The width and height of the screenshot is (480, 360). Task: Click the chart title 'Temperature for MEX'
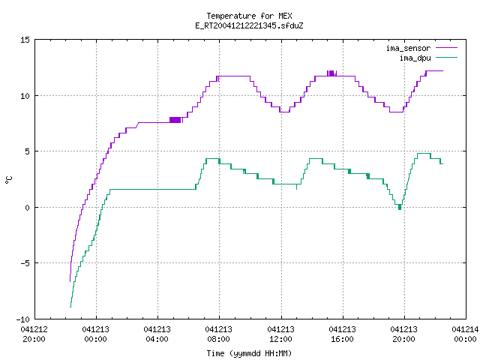[x=249, y=16]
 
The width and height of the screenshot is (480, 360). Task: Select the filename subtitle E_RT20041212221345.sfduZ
[x=249, y=25]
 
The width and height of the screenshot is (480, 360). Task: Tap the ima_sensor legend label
[x=408, y=48]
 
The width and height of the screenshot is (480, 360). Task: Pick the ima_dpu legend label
[x=415, y=58]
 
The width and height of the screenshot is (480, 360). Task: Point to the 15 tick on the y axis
[x=25, y=40]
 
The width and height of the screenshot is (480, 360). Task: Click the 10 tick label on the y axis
[x=25, y=96]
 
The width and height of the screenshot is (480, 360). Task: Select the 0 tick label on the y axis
[x=27, y=208]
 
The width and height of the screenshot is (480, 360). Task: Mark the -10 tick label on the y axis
[x=23, y=319]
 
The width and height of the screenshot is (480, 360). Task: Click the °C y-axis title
[x=8, y=180]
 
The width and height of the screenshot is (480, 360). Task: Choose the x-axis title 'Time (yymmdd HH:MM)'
[x=249, y=353]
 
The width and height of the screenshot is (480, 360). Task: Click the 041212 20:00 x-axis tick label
[x=34, y=334]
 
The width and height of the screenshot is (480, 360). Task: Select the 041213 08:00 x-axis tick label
[x=218, y=334]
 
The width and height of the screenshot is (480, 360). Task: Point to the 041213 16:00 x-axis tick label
[x=342, y=334]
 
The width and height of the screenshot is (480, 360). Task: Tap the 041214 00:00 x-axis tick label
[x=465, y=334]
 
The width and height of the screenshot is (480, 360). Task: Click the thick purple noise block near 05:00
[x=175, y=120]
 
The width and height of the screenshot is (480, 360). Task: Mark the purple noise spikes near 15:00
[x=331, y=73]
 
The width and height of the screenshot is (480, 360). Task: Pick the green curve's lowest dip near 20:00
[x=400, y=208]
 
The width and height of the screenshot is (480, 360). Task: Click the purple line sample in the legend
[x=447, y=48]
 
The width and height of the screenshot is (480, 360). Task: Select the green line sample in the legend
[x=447, y=58]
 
